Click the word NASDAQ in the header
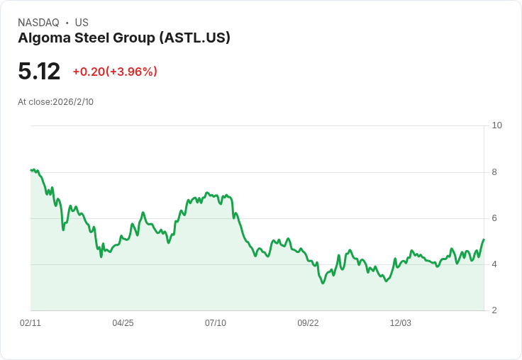[x=38, y=23]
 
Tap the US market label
[x=82, y=23]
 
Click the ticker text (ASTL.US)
[x=195, y=38]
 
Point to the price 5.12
[x=39, y=71]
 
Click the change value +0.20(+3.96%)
[x=115, y=72]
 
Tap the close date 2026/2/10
[x=73, y=102]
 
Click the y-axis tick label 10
[x=496, y=125]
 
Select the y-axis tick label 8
[x=494, y=172]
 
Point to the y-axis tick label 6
[x=494, y=218]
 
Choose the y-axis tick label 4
[x=494, y=264]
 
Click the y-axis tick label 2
[x=494, y=310]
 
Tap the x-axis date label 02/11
[x=30, y=323]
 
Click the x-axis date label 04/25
[x=123, y=323]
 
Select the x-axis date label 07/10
[x=216, y=323]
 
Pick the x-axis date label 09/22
[x=308, y=323]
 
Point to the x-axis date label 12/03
[x=401, y=323]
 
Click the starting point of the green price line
[x=30, y=170]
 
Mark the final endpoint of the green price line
[x=484, y=239]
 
